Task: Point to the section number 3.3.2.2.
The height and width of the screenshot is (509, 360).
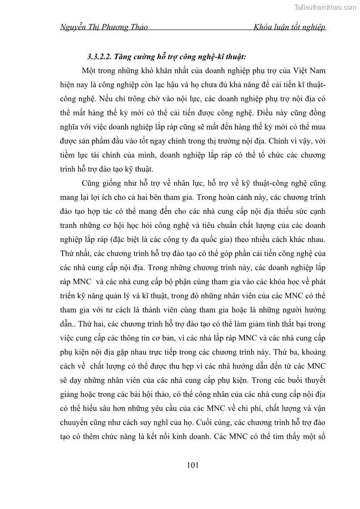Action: [x=99, y=57]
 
